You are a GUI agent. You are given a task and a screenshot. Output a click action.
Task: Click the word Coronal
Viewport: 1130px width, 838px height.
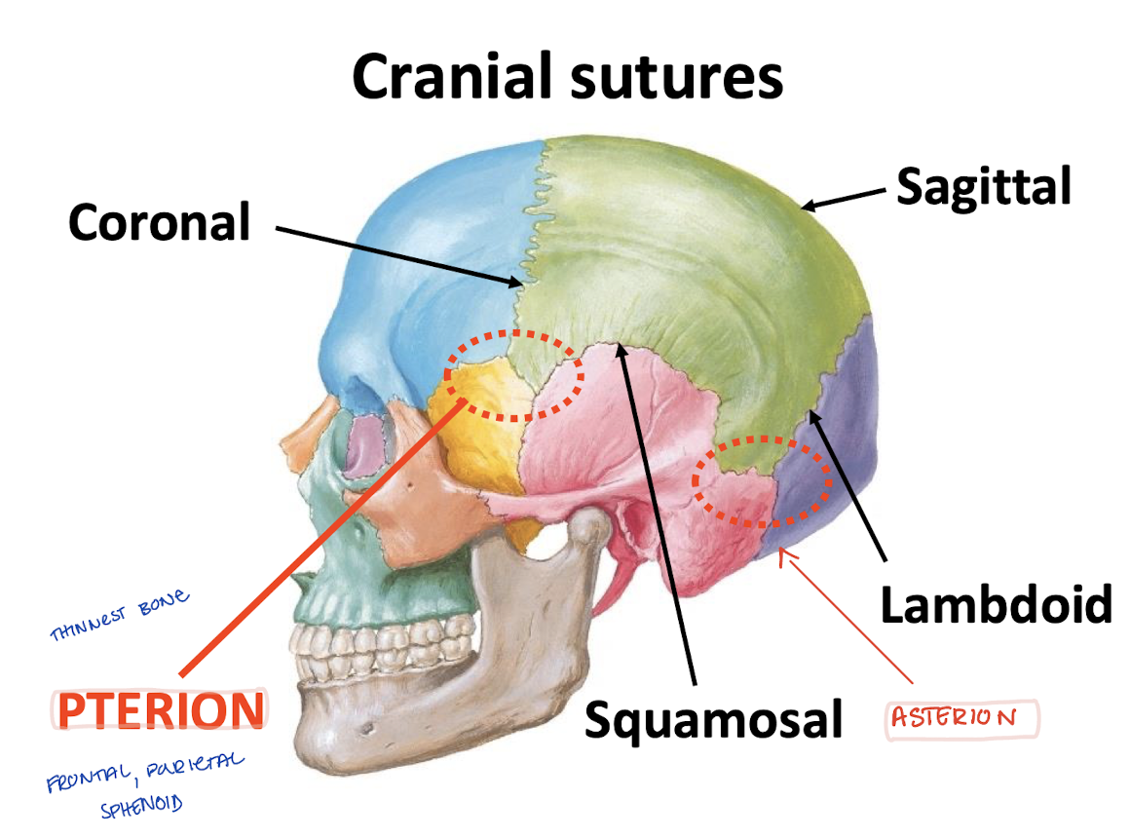tap(159, 223)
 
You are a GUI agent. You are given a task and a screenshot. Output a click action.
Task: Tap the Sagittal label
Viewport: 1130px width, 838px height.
tap(983, 185)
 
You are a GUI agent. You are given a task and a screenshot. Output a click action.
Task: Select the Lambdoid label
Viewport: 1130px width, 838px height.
tap(996, 604)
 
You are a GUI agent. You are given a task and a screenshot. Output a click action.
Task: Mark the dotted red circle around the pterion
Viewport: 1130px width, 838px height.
tap(513, 375)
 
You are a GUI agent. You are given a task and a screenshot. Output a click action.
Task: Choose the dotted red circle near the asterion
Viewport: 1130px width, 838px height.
tap(762, 480)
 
